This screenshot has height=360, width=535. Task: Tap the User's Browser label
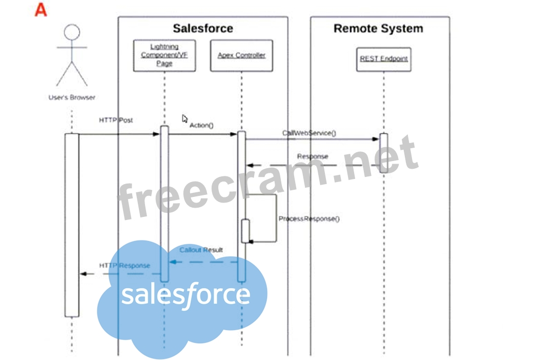[72, 97]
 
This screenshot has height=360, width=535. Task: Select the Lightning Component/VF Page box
[164, 55]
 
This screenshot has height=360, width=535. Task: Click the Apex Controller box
[241, 55]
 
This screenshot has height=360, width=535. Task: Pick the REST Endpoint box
[383, 59]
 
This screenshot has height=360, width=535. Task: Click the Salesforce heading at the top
[202, 28]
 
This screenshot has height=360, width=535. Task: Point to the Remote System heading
[378, 28]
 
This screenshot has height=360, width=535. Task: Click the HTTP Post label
[116, 120]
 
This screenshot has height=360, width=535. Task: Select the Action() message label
[201, 125]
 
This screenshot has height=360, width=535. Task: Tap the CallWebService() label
[309, 133]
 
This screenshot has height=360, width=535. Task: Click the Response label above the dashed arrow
[313, 156]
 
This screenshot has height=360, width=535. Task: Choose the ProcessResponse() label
[309, 219]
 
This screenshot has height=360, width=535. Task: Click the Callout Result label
[201, 250]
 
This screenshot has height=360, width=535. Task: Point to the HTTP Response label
[125, 266]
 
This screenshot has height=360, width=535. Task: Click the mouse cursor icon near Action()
[185, 119]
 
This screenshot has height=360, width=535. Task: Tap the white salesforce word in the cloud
[186, 295]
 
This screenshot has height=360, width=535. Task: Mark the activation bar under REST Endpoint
[384, 152]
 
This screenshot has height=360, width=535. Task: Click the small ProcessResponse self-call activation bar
[245, 231]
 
